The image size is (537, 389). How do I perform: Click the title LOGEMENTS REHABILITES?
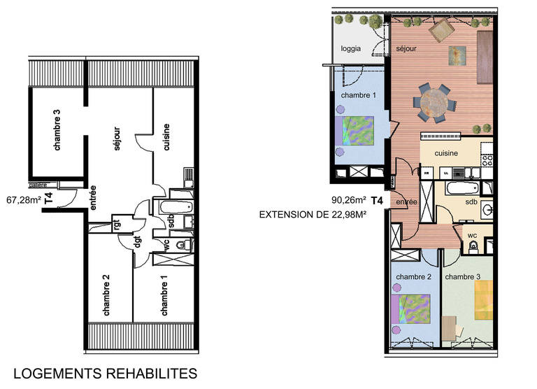pyautogui.click(x=106, y=373)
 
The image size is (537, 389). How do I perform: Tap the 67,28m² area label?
pyautogui.click(x=22, y=199)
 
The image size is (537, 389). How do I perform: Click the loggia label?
pyautogui.click(x=351, y=49)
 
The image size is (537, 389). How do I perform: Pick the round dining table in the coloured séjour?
pyautogui.click(x=434, y=101)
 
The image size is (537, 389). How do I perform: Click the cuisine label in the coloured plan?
pyautogui.click(x=446, y=153)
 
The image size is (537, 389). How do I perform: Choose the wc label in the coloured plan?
pyautogui.click(x=473, y=236)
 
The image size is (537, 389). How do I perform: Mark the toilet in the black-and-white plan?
pyautogui.click(x=181, y=245)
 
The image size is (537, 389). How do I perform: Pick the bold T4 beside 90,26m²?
pyautogui.click(x=377, y=201)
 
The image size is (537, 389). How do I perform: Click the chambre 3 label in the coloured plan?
pyautogui.click(x=463, y=277)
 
